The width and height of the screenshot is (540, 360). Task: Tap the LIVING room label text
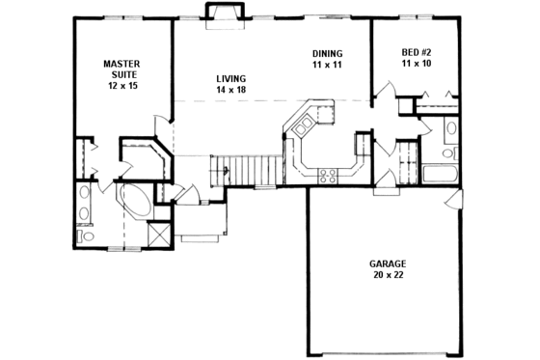230,78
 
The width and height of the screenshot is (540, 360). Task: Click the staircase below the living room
252,172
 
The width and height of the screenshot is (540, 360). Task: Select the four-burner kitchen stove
327,175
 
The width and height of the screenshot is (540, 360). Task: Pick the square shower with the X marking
159,234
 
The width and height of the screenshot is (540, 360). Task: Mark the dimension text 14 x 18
230,90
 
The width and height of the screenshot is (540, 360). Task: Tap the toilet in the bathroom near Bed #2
448,152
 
